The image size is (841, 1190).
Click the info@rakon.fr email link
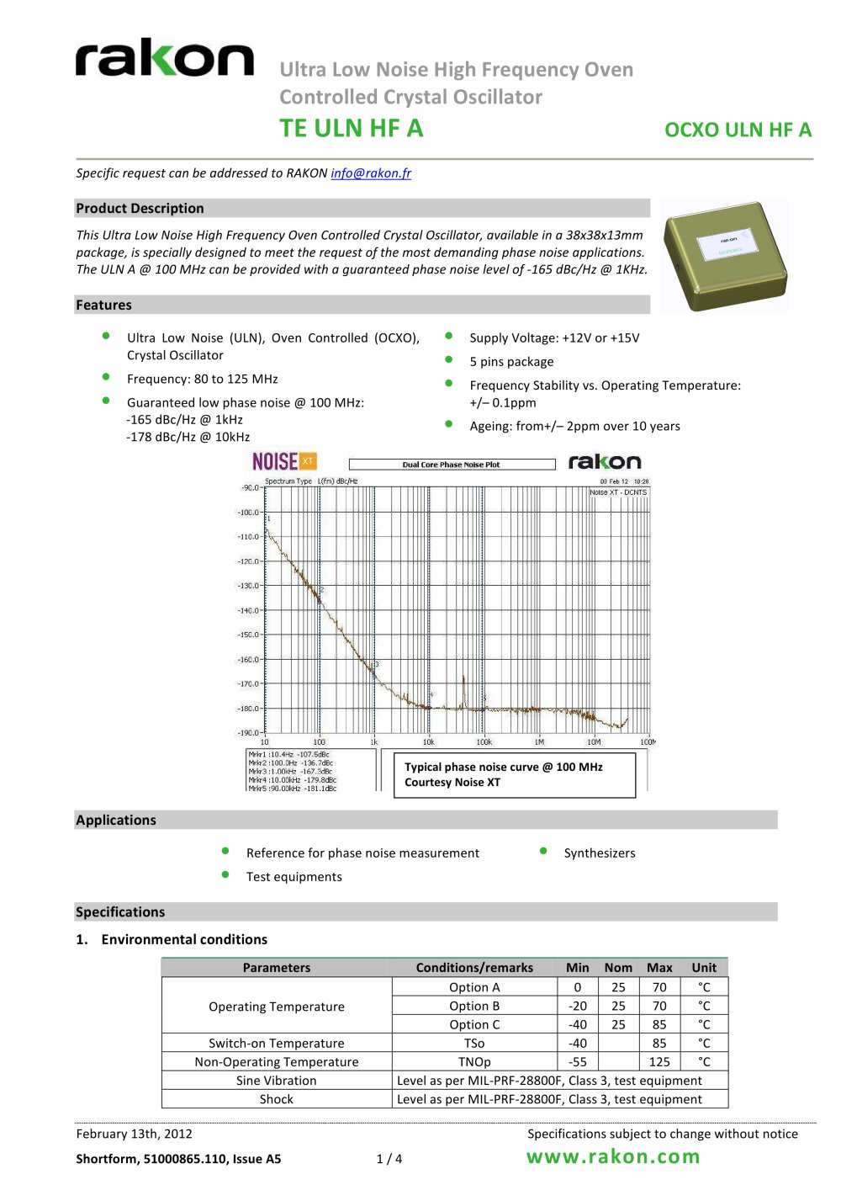[x=371, y=173]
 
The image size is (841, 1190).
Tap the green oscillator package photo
[x=725, y=256]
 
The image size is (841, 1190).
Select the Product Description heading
[x=140, y=209]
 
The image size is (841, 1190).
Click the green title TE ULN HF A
[x=352, y=129]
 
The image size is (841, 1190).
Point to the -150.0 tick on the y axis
[x=249, y=635]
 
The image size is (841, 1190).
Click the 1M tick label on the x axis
[x=539, y=742]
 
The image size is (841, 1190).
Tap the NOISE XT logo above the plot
[x=284, y=461]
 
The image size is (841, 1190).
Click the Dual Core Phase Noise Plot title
[x=452, y=465]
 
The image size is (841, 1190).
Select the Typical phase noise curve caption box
[x=514, y=774]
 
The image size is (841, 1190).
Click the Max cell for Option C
[x=659, y=1025]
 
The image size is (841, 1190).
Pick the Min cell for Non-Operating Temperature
[x=578, y=1062]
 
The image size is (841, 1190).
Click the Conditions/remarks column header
[x=474, y=968]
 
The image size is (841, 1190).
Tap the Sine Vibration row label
[x=277, y=1081]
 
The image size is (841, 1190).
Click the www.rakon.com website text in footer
[x=613, y=1157]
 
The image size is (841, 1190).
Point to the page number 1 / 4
[x=389, y=1159]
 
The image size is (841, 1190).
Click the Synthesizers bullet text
[x=600, y=853]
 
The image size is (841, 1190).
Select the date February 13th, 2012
[x=135, y=1134]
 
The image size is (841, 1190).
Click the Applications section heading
[x=116, y=821]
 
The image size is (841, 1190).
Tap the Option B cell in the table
[x=474, y=1007]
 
